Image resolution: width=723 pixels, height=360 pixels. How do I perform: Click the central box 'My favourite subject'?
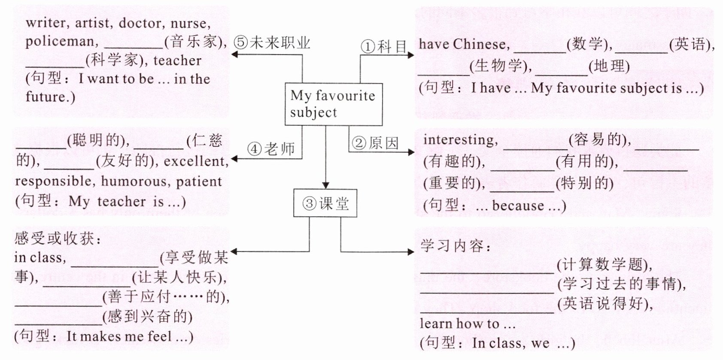click(333, 104)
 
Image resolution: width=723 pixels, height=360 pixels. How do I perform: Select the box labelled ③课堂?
click(325, 203)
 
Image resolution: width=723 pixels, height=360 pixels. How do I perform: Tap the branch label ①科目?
click(383, 46)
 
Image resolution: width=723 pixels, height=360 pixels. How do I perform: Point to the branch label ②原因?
click(375, 143)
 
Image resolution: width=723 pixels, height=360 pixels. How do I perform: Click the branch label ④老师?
click(270, 149)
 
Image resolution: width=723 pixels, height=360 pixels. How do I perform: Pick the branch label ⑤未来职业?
click(272, 42)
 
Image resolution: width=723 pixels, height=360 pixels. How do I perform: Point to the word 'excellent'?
click(196, 161)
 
